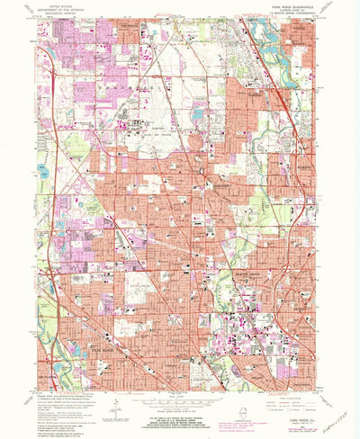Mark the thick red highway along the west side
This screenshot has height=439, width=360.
(53, 180)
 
